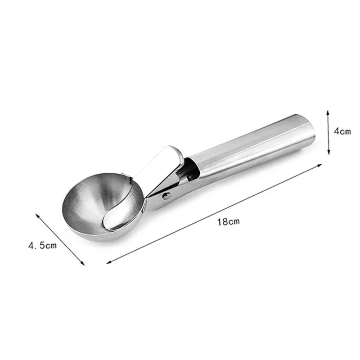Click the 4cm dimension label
click(x=343, y=132)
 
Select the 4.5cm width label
click(x=42, y=245)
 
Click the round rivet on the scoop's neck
click(x=167, y=196)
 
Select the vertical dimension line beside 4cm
click(x=328, y=131)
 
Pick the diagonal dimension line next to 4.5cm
click(x=60, y=239)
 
